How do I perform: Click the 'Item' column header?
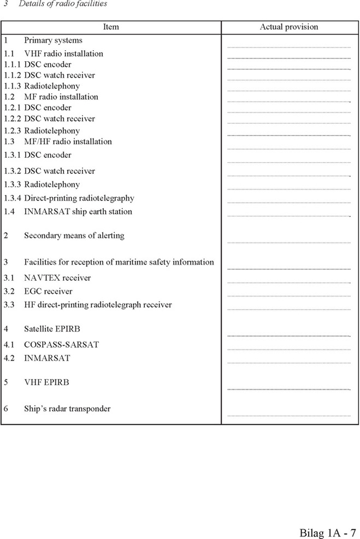[x=111, y=27]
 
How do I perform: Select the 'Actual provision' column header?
[x=289, y=27]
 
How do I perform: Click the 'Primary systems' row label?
[x=53, y=40]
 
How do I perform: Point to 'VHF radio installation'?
[x=63, y=54]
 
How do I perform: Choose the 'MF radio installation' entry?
[x=61, y=97]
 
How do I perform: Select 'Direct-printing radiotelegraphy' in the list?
[x=79, y=198]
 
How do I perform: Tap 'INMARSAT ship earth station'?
[x=78, y=212]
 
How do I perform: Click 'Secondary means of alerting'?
[x=74, y=236]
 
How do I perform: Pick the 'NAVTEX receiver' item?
[x=57, y=278]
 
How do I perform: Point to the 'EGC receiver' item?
[x=48, y=292]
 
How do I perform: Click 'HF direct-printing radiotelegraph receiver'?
[x=98, y=305]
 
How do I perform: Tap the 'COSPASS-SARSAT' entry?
[x=61, y=345]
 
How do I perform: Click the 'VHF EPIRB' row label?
[x=46, y=382]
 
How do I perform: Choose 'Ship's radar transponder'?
[x=67, y=409]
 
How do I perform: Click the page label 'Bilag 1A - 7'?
[x=328, y=532]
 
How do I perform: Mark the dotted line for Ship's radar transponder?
[x=288, y=416]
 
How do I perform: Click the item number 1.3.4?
[x=12, y=198]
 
